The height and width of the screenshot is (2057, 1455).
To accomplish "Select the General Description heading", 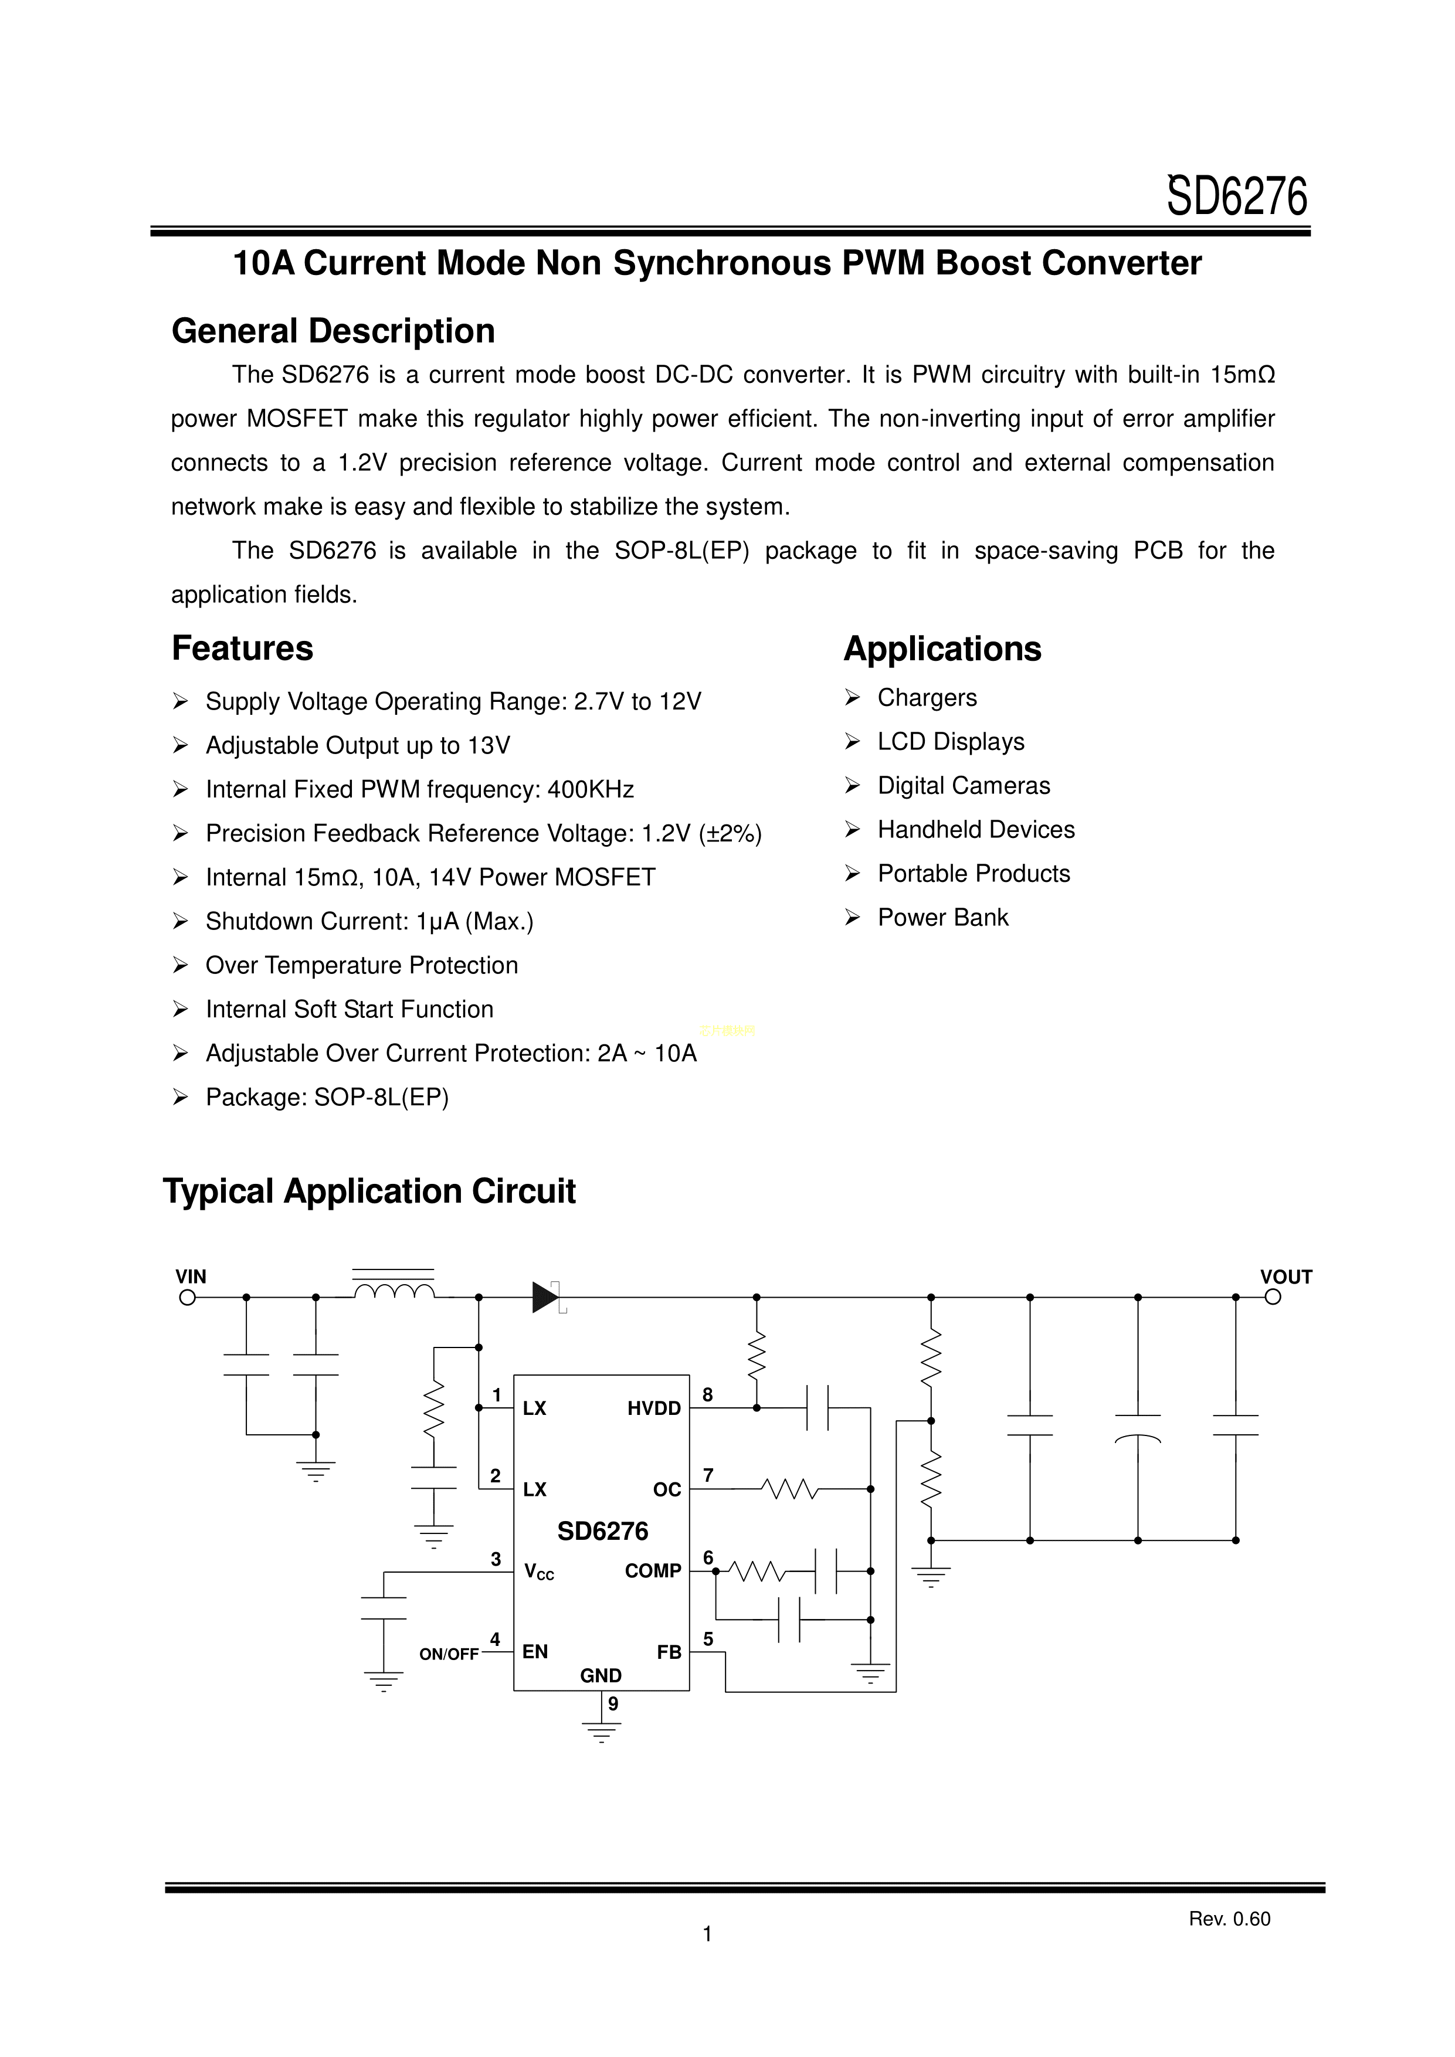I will click(333, 331).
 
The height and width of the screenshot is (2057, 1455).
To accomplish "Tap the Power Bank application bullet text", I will click(942, 918).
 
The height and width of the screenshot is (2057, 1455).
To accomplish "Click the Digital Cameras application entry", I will click(963, 786).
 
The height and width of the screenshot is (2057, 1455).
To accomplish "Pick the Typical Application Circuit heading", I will click(369, 1191).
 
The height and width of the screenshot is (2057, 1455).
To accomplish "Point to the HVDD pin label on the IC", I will click(654, 1408).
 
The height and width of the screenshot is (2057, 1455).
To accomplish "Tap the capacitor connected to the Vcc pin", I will click(384, 1608).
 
